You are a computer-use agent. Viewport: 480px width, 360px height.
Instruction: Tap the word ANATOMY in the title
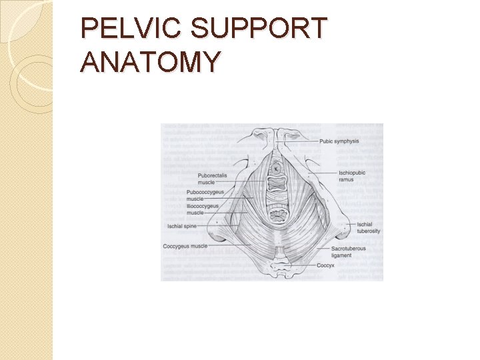(x=150, y=62)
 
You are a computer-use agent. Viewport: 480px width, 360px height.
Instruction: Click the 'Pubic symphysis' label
(x=339, y=141)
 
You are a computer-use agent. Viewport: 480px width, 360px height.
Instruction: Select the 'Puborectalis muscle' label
(x=213, y=178)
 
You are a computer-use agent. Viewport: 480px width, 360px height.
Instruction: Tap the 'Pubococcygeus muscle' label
(x=205, y=195)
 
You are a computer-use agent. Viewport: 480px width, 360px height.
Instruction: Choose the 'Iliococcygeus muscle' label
(x=202, y=209)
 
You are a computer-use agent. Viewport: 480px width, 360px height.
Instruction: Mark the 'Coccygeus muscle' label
(x=185, y=246)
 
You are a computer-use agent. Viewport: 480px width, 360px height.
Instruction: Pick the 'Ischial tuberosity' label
(x=368, y=227)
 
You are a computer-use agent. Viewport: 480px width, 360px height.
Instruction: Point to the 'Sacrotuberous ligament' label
(x=349, y=252)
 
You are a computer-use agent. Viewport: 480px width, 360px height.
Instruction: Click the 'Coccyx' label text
(x=326, y=265)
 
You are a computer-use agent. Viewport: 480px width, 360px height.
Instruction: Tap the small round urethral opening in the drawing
(x=275, y=170)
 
